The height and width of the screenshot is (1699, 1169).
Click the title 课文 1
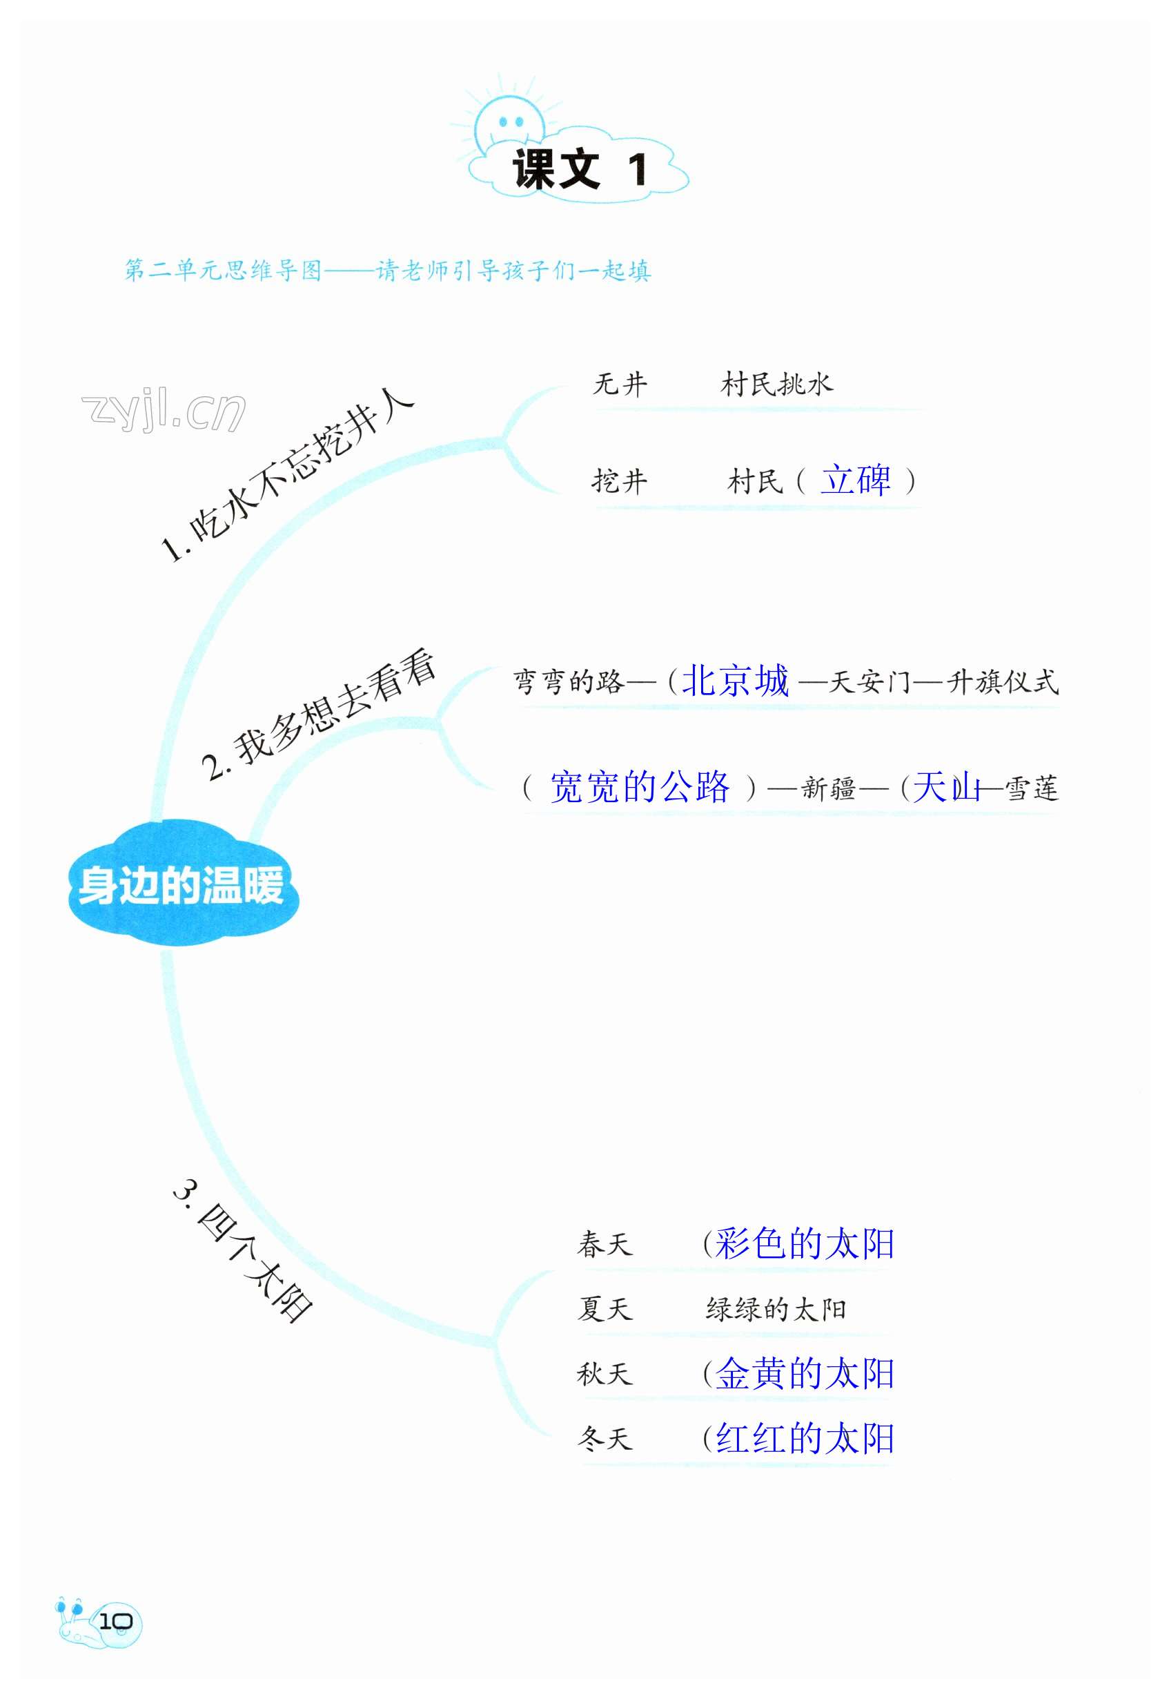pos(579,170)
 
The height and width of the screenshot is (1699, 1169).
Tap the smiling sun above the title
pos(509,121)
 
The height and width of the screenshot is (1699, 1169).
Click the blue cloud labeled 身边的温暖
pos(181,885)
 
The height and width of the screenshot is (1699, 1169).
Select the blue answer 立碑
pos(855,480)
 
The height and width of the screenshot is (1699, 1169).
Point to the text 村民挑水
pos(776,384)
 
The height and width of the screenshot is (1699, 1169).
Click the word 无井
pos(620,384)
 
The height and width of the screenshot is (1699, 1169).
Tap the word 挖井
pos(620,481)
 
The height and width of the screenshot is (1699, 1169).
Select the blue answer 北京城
pos(736,681)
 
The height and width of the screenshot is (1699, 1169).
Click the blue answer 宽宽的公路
pos(640,788)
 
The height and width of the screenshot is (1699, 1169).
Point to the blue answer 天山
pos(945,788)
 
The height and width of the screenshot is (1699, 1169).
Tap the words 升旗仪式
pos(1002,682)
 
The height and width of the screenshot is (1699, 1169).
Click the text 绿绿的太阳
pos(776,1309)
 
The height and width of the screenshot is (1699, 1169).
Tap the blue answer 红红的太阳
pos(804,1438)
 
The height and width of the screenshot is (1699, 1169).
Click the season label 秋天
pos(605,1374)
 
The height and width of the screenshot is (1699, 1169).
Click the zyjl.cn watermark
pos(163,410)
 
